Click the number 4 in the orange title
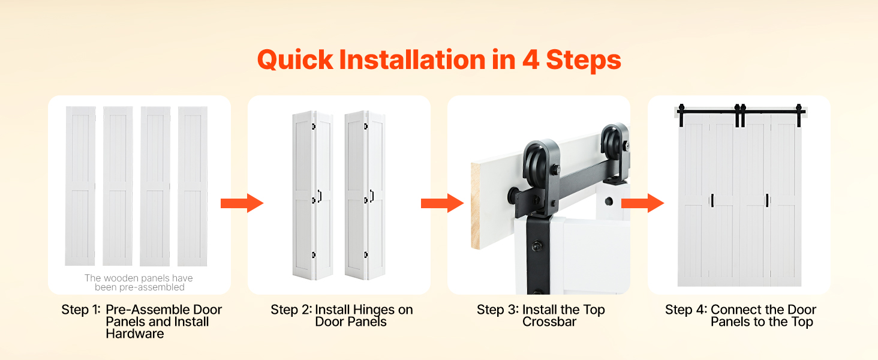click(x=530, y=59)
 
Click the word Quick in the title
click(x=294, y=60)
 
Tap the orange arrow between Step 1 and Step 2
click(x=242, y=203)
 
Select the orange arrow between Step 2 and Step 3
click(x=442, y=203)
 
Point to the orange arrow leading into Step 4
click(x=642, y=203)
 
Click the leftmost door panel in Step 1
click(x=80, y=186)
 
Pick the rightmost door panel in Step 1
click(x=193, y=186)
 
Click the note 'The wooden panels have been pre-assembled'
click(x=139, y=283)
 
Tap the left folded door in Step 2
click(x=313, y=195)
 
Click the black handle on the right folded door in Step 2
click(x=372, y=195)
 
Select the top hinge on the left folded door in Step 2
click(x=314, y=126)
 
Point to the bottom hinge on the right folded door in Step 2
click(x=366, y=255)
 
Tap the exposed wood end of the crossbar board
click(x=475, y=205)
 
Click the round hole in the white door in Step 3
click(x=609, y=202)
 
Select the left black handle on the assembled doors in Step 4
click(x=712, y=200)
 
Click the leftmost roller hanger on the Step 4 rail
click(x=682, y=115)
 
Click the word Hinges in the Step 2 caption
click(x=374, y=310)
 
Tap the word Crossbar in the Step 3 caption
click(x=549, y=322)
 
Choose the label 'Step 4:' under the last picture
click(x=686, y=310)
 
